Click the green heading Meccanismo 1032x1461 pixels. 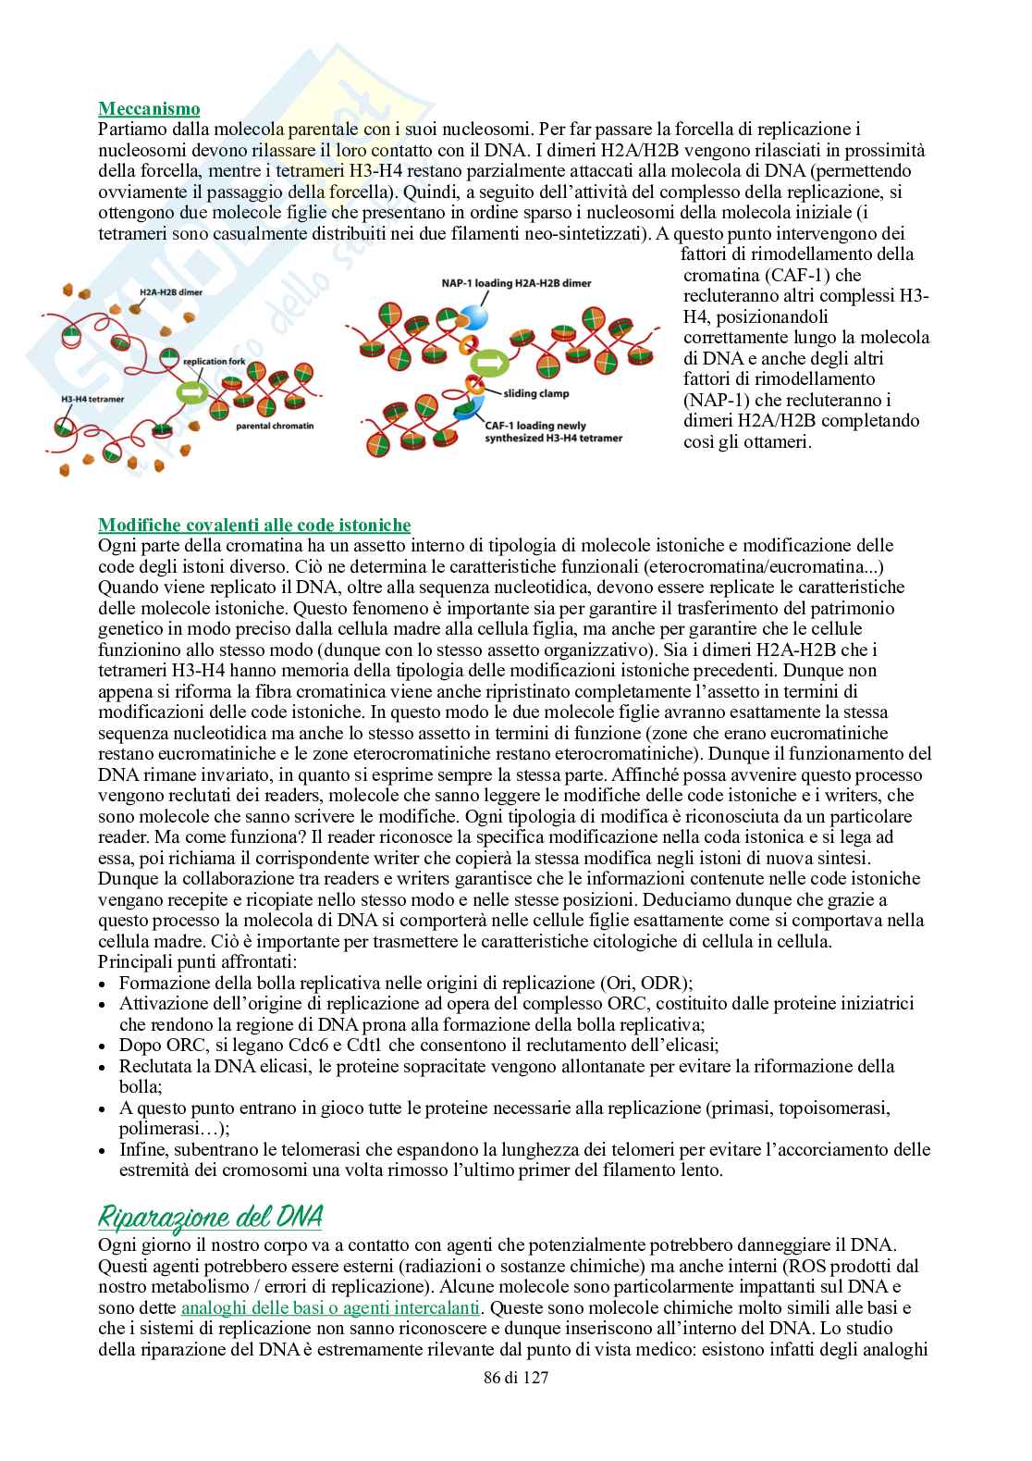(x=149, y=108)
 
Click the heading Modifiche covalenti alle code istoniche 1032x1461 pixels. (x=254, y=526)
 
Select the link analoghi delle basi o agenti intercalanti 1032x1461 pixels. (x=331, y=1307)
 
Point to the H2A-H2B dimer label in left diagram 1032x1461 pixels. (x=170, y=291)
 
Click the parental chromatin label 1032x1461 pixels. (x=275, y=427)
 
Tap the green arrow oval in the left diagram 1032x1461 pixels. (x=191, y=392)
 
